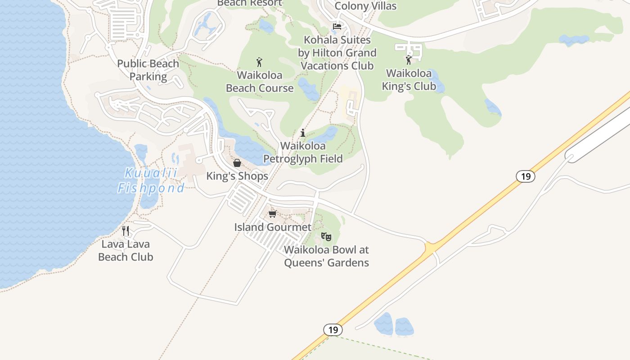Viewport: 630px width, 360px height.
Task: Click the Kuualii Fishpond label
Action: coord(151,180)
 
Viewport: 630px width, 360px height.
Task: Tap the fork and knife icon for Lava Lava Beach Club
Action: coord(126,231)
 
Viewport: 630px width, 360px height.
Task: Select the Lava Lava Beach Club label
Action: coord(126,251)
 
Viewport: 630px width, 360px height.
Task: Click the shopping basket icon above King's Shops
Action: coord(237,162)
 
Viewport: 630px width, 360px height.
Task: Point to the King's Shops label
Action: coord(237,176)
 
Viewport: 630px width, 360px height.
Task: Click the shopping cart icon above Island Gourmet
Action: coord(272,214)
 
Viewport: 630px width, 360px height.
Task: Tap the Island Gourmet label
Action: coord(273,227)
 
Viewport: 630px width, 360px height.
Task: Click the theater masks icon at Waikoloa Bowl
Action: coord(326,236)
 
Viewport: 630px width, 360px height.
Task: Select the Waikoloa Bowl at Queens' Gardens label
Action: coord(326,256)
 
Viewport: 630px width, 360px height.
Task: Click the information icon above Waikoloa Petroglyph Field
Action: coord(303,133)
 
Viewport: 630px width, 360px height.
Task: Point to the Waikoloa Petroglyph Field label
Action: coord(303,152)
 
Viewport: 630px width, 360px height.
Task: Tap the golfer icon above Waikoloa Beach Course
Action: coord(259,62)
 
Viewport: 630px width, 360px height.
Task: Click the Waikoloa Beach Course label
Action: coord(260,81)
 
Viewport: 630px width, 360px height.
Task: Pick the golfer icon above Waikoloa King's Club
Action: coord(409,60)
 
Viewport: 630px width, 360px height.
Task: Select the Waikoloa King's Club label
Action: coord(409,80)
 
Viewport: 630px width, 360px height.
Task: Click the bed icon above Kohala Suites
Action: coord(337,27)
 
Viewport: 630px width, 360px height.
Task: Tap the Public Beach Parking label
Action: coord(148,70)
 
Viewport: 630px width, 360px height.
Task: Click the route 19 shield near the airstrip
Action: coord(526,176)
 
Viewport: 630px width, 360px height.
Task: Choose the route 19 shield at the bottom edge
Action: coord(333,330)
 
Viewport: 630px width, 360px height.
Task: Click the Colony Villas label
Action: coord(366,6)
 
